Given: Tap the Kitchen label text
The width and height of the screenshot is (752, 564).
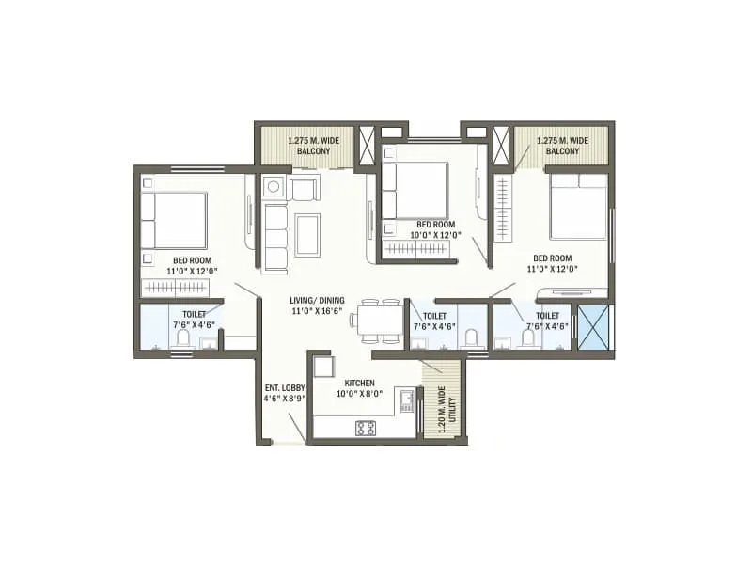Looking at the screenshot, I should tap(360, 388).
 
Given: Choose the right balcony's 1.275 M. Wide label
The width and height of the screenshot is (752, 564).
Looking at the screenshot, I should tap(563, 145).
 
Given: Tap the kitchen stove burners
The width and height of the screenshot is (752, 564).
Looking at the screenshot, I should tap(366, 428).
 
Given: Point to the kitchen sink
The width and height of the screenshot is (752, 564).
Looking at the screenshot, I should tap(407, 402).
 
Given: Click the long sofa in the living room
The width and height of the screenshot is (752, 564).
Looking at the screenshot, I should tap(275, 238).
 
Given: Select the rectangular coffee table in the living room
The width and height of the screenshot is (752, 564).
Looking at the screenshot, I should tap(307, 235).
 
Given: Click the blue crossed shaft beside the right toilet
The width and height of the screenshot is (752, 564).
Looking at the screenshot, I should tap(593, 328).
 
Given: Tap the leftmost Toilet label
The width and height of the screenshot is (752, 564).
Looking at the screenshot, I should tap(195, 320).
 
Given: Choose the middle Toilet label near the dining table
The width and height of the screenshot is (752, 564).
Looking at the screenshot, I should tap(435, 321).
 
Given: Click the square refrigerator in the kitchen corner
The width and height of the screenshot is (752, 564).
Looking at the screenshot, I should tap(321, 367).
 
